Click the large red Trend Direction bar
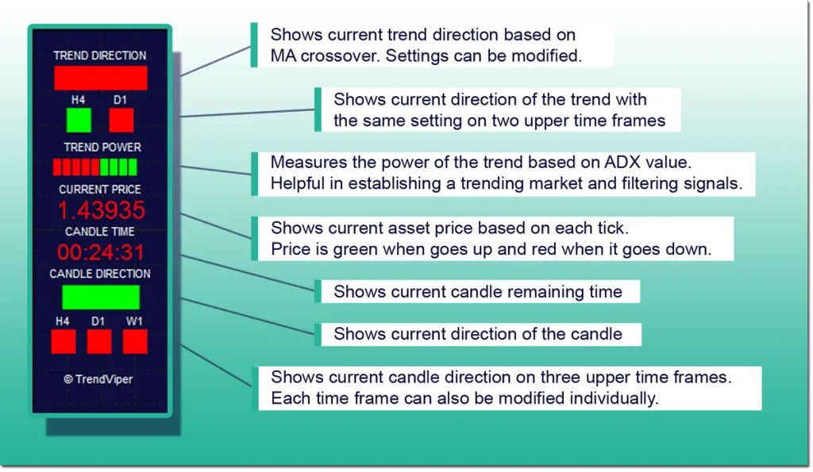[101, 78]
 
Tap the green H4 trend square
[79, 121]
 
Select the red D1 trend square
[121, 121]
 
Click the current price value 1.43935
[101, 210]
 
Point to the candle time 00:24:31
[101, 252]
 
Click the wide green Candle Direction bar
[101, 297]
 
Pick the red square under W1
[135, 342]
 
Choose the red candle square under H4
[64, 342]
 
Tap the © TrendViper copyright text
[98, 379]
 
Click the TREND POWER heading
[102, 147]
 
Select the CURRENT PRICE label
[99, 189]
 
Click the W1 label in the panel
[133, 321]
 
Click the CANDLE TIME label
[99, 231]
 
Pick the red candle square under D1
[99, 342]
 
